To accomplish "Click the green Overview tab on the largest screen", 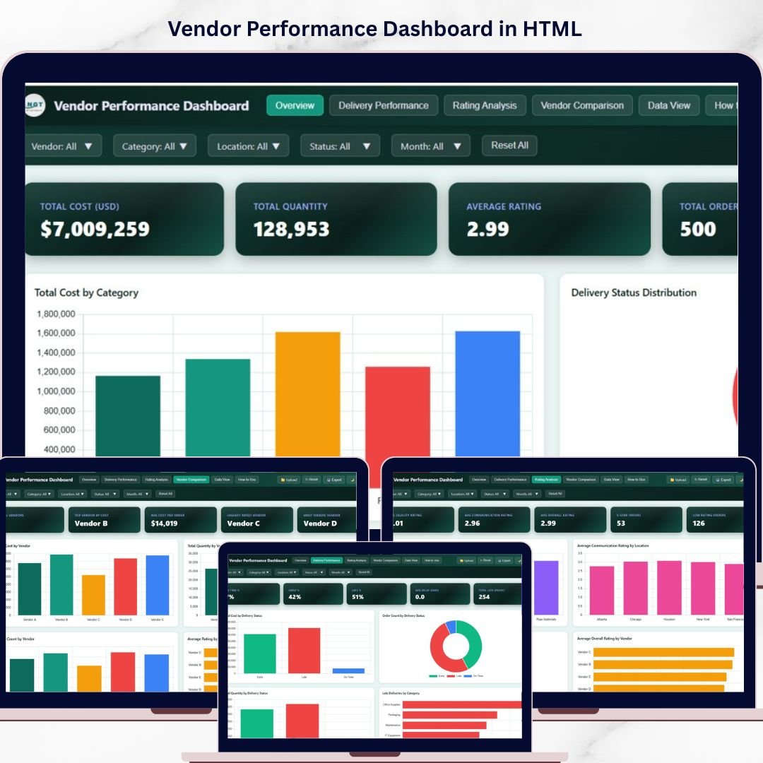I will click(x=295, y=105).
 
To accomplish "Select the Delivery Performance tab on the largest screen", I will click(x=383, y=105).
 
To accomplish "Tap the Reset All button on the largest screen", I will click(x=509, y=146).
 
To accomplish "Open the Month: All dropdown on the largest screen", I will click(x=430, y=146).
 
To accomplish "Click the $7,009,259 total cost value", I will click(x=95, y=229).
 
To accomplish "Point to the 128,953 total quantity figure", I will click(x=291, y=229).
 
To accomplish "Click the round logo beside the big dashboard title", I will click(x=35, y=105).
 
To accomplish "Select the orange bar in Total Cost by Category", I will click(x=307, y=396).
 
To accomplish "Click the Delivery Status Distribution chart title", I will click(x=634, y=292).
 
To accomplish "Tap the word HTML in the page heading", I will click(x=552, y=29).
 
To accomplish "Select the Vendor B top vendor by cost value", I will click(x=91, y=524).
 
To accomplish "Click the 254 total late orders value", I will click(x=484, y=597).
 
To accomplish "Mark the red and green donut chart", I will click(x=456, y=646).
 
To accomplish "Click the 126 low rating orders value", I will click(x=699, y=524).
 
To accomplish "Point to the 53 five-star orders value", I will click(x=620, y=524).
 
